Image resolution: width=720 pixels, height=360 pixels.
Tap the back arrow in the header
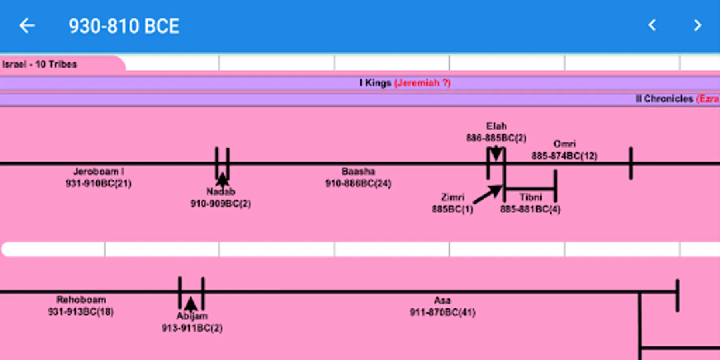[27, 26]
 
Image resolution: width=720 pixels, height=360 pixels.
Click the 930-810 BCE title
[124, 26]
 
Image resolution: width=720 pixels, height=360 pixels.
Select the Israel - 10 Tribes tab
[40, 64]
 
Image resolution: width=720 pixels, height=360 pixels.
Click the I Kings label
[375, 83]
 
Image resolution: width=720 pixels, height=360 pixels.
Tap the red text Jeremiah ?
[422, 83]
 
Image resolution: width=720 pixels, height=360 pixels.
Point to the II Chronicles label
[664, 99]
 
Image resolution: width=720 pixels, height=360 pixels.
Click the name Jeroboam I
[98, 172]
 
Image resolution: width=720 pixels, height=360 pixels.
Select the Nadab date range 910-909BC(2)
[220, 204]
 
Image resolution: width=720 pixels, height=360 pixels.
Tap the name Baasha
[358, 172]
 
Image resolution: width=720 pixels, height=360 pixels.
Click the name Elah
[496, 126]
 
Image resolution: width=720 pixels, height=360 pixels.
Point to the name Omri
[564, 144]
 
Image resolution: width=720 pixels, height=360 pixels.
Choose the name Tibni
[531, 197]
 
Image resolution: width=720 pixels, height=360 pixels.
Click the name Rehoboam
[81, 300]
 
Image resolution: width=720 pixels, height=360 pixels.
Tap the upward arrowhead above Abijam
[191, 304]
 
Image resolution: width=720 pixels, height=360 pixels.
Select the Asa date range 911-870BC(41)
[442, 312]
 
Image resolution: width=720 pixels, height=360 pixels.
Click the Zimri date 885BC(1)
[452, 209]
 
